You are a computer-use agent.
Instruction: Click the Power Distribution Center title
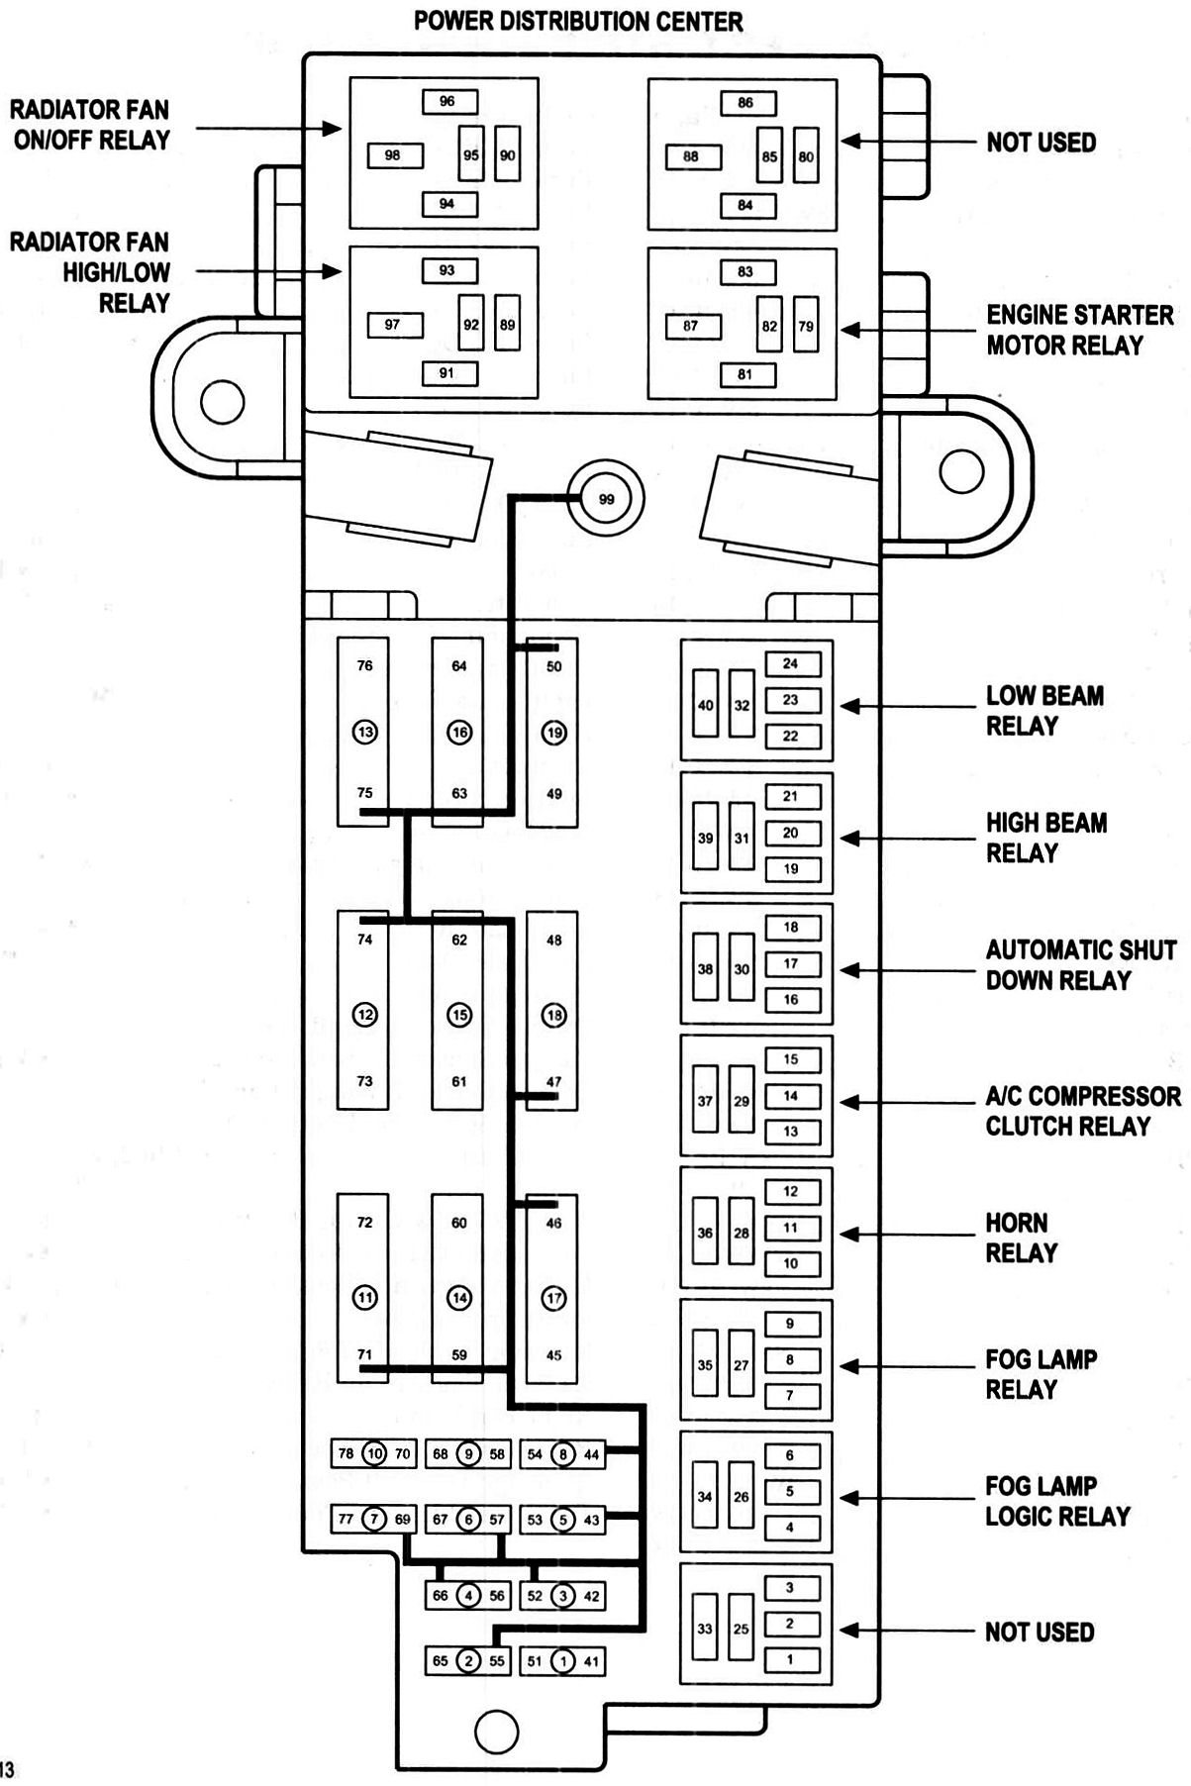click(x=578, y=21)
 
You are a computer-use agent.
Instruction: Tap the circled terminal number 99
click(x=606, y=499)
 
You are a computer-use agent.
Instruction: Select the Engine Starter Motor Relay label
click(x=1079, y=330)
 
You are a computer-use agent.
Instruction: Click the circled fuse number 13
click(x=365, y=733)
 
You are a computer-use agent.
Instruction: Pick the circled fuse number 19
click(x=553, y=733)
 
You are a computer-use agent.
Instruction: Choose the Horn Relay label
click(x=1021, y=1238)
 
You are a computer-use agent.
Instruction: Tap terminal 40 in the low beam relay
click(x=705, y=706)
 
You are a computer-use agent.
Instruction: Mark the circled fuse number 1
click(x=562, y=1661)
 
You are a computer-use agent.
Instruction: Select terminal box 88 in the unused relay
click(x=692, y=156)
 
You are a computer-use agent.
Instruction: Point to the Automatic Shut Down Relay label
click(x=1080, y=965)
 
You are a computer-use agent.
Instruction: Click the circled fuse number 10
click(x=374, y=1453)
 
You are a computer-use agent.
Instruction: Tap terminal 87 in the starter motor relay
click(x=692, y=326)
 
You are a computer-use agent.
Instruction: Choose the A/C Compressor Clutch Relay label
click(x=1082, y=1111)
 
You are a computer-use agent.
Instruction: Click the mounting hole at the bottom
click(x=496, y=1731)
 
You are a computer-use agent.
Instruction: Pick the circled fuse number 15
click(x=459, y=1015)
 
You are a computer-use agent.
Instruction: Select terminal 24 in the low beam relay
click(x=791, y=664)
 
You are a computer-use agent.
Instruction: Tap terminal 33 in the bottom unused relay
click(x=704, y=1629)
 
